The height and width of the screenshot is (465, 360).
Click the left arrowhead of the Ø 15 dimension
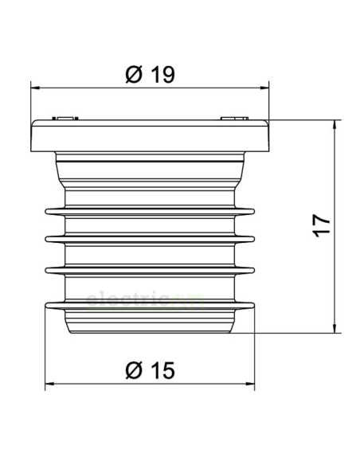(x=49, y=384)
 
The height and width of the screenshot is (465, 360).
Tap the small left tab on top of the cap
(x=64, y=119)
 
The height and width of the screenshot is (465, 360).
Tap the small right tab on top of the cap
(x=235, y=119)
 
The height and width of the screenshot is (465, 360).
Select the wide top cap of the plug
(x=150, y=135)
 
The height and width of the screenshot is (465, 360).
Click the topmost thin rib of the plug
(x=150, y=211)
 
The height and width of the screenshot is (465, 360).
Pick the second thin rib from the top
(x=150, y=239)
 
